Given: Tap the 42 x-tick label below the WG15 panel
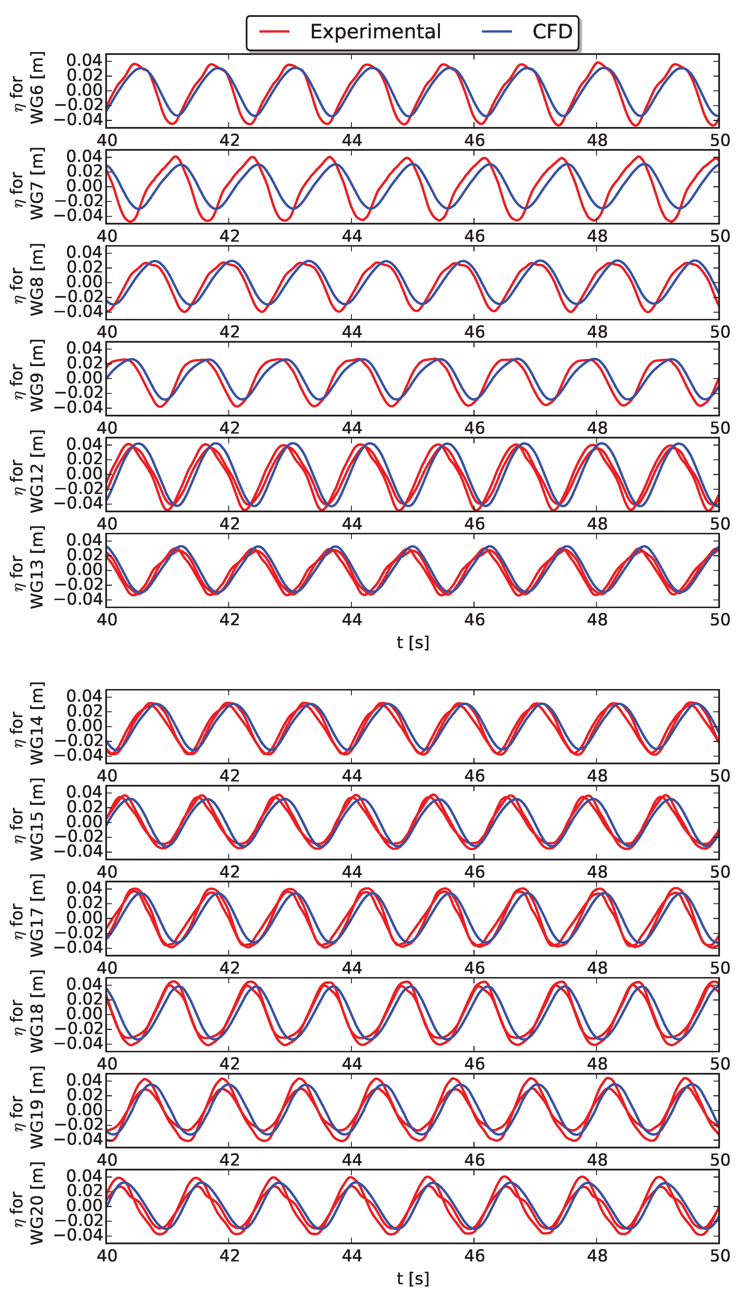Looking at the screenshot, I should [229, 872].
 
